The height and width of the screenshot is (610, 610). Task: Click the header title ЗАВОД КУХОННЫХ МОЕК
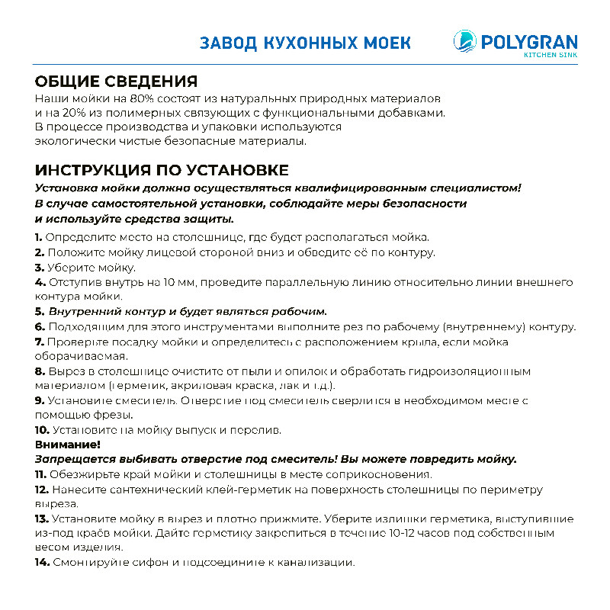click(305, 42)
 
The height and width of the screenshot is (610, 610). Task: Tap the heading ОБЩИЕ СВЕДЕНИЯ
click(117, 82)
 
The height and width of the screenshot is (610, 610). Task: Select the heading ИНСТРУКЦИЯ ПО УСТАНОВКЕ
click(162, 169)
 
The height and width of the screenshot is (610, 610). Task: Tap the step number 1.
click(38, 238)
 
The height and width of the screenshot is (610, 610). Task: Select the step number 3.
click(39, 268)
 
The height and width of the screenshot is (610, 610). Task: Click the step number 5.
click(39, 312)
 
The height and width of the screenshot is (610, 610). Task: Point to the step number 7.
click(39, 342)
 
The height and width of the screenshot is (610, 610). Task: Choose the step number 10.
click(41, 430)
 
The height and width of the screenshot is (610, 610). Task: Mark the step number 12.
click(41, 489)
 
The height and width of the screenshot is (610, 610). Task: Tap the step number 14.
click(42, 563)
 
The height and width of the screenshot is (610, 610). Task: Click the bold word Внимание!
click(67, 445)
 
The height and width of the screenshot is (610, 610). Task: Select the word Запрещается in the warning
click(75, 459)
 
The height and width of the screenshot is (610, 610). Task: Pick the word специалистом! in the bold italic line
click(474, 188)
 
